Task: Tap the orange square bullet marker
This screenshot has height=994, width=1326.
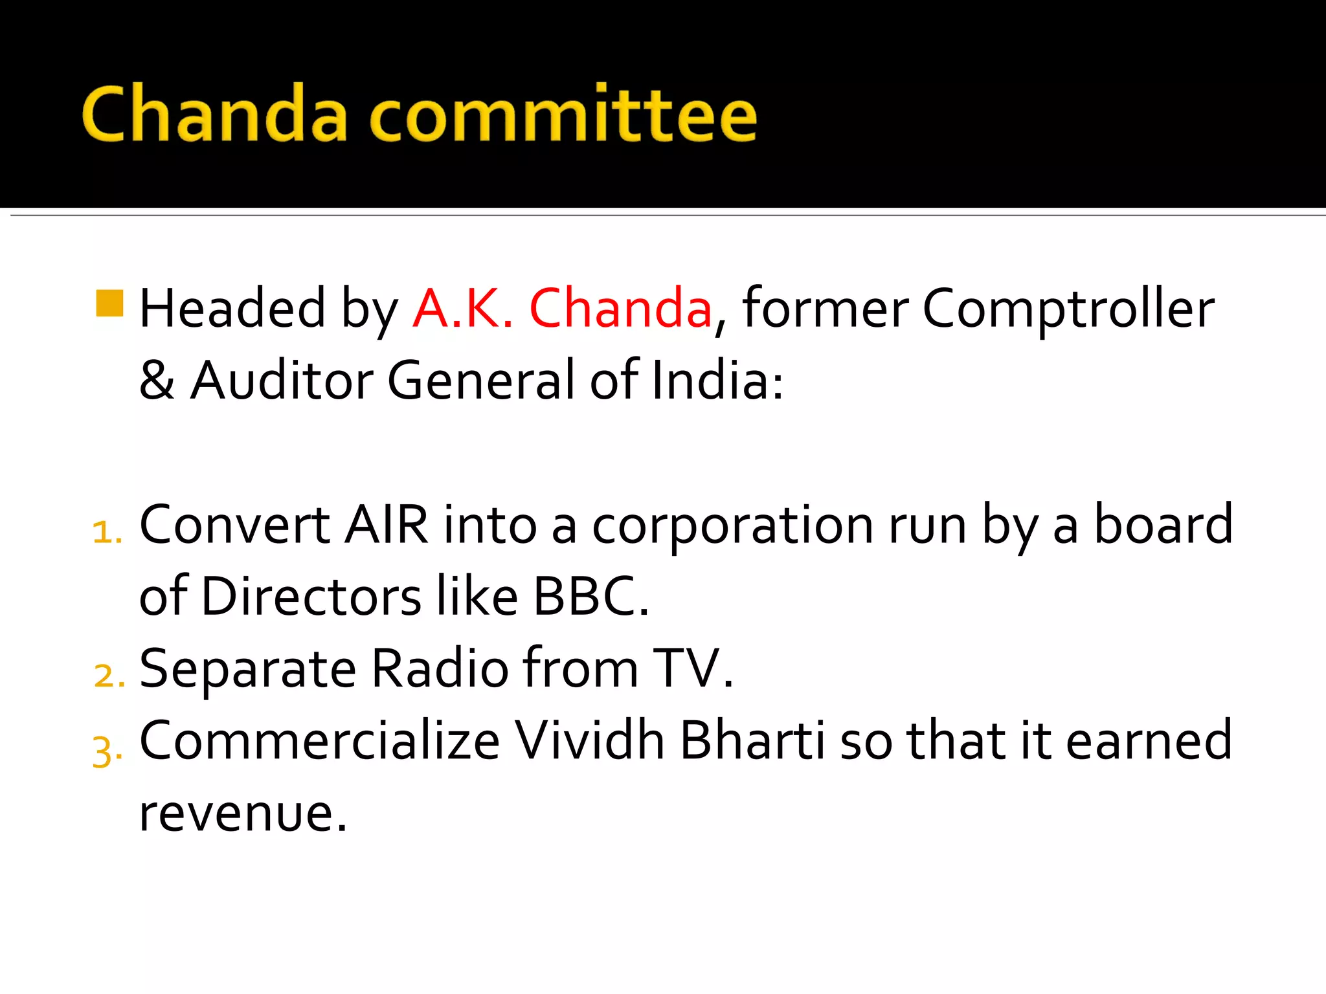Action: [109, 304]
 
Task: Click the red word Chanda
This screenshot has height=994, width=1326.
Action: [620, 309]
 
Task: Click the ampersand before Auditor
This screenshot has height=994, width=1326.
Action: [157, 381]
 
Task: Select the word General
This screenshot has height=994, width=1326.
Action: [480, 381]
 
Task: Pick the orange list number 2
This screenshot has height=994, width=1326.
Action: [108, 676]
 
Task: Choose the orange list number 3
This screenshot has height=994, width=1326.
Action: [106, 752]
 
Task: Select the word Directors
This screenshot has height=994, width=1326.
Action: [311, 597]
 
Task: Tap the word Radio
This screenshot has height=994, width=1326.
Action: [440, 668]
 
